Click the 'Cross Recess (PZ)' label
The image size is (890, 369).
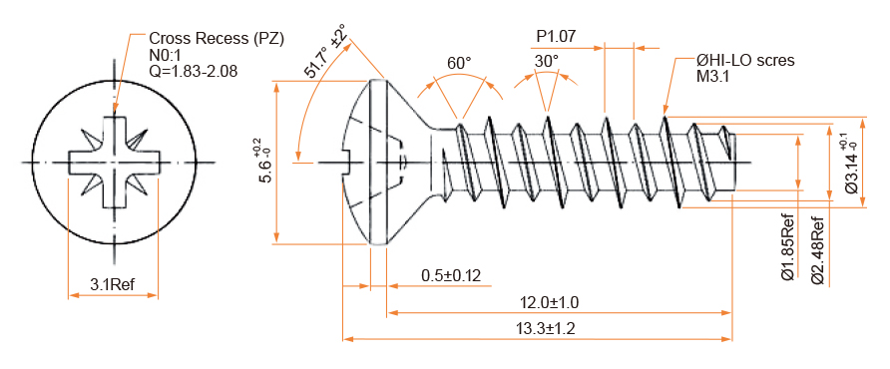[x=217, y=39]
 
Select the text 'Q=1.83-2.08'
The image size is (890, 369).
[x=193, y=71]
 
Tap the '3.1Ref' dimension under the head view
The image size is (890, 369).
[x=113, y=284]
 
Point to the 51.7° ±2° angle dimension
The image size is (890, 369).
[x=325, y=51]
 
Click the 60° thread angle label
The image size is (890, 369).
[x=459, y=63]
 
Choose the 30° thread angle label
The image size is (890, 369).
[x=546, y=61]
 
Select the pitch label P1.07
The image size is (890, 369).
[x=557, y=36]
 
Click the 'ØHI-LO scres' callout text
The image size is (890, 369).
[x=745, y=61]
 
